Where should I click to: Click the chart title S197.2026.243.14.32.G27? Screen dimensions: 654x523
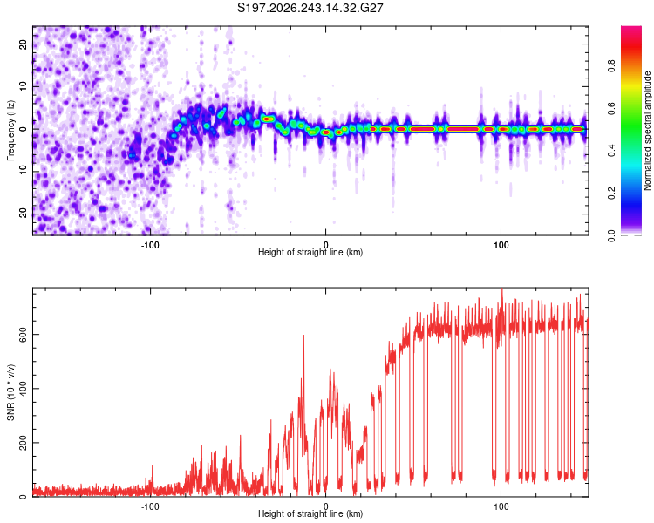pos(310,8)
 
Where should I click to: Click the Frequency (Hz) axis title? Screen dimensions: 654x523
pos(10,131)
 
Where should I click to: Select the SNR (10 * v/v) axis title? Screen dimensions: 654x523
pos(10,392)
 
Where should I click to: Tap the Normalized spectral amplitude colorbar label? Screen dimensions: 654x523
pos(647,131)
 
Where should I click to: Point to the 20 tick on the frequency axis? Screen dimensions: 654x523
pos(24,44)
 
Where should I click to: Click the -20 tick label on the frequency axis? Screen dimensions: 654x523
pos(24,214)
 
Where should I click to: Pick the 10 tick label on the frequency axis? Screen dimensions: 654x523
pos(24,86)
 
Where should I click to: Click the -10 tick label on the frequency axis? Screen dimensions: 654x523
pos(24,172)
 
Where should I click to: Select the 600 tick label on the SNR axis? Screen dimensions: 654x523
pos(24,335)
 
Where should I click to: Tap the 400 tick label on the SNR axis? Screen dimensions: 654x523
pos(24,388)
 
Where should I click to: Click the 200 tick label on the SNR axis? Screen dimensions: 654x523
pos(24,443)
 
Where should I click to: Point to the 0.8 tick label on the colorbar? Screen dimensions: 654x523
pos(611,65)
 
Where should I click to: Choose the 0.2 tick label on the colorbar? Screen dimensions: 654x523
pos(611,194)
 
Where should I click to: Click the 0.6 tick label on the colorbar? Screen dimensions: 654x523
pos(611,108)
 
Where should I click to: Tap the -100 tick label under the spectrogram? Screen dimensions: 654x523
pos(150,245)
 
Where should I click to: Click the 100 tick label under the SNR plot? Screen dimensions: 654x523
pos(501,506)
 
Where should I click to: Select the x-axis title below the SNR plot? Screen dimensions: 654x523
pos(310,513)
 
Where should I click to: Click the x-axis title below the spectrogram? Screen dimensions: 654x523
pos(310,252)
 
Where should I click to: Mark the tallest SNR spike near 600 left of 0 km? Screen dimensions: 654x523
pos(303,336)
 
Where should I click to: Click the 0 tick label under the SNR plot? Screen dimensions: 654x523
pos(326,506)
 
